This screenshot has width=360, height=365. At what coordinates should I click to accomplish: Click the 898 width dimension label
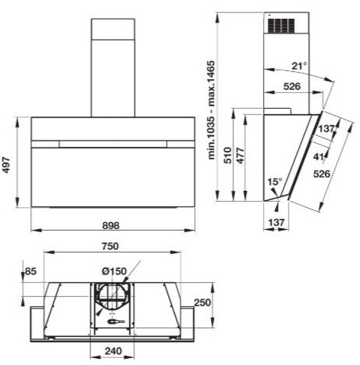coord(111,225)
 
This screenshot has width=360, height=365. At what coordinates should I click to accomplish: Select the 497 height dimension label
coord(6,165)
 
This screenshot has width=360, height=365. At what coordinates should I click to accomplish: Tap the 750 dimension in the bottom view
coord(110,246)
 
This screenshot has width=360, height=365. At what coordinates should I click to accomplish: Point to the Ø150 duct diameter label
coord(114,271)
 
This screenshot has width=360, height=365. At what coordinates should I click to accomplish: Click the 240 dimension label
coord(113,351)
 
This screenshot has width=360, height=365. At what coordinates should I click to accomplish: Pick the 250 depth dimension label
coord(202,302)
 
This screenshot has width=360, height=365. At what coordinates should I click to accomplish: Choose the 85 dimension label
coord(30,271)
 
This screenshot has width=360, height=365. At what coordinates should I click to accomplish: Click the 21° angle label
coord(299,66)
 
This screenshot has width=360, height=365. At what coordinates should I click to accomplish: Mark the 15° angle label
coord(275,181)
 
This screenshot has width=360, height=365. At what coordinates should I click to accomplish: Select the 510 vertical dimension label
coord(228,156)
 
